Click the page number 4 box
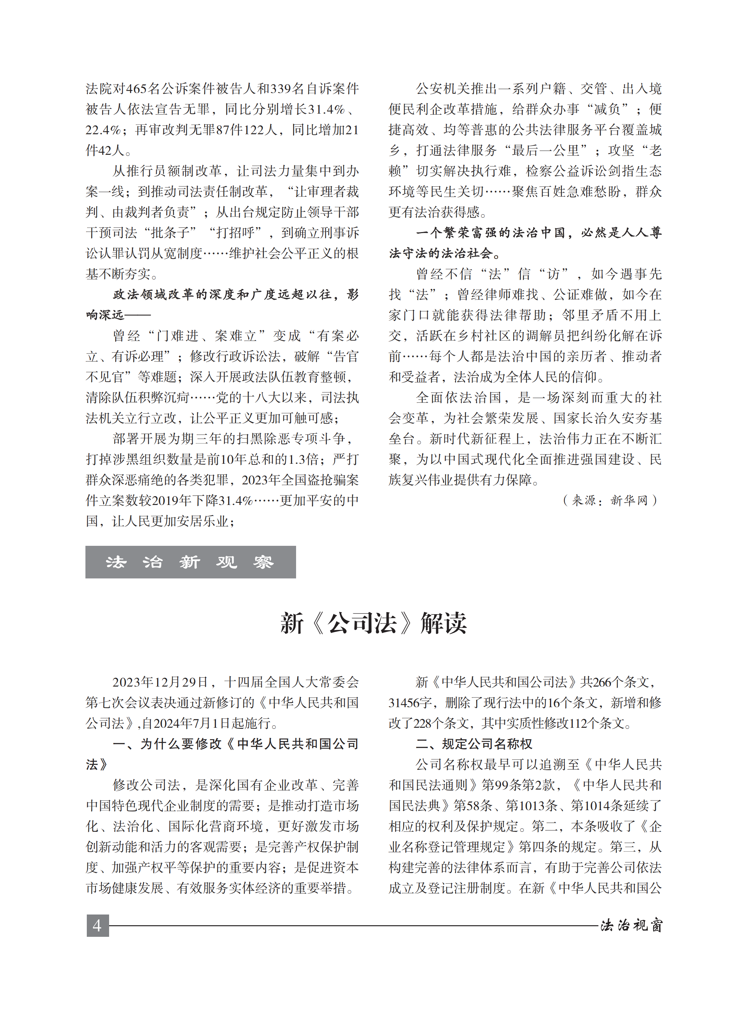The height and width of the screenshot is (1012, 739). [x=97, y=925]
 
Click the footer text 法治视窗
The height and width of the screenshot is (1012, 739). [x=631, y=925]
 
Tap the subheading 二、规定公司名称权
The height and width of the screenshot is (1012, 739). [x=474, y=744]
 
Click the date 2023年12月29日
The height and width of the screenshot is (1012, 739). [x=160, y=682]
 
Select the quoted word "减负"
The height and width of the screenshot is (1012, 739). [x=607, y=109]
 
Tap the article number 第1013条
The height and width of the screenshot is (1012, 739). [x=531, y=806]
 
